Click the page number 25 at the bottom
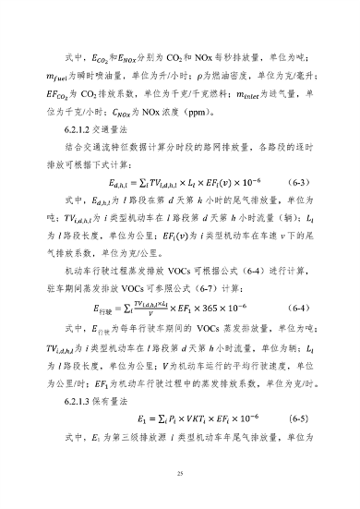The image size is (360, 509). point(180,472)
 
